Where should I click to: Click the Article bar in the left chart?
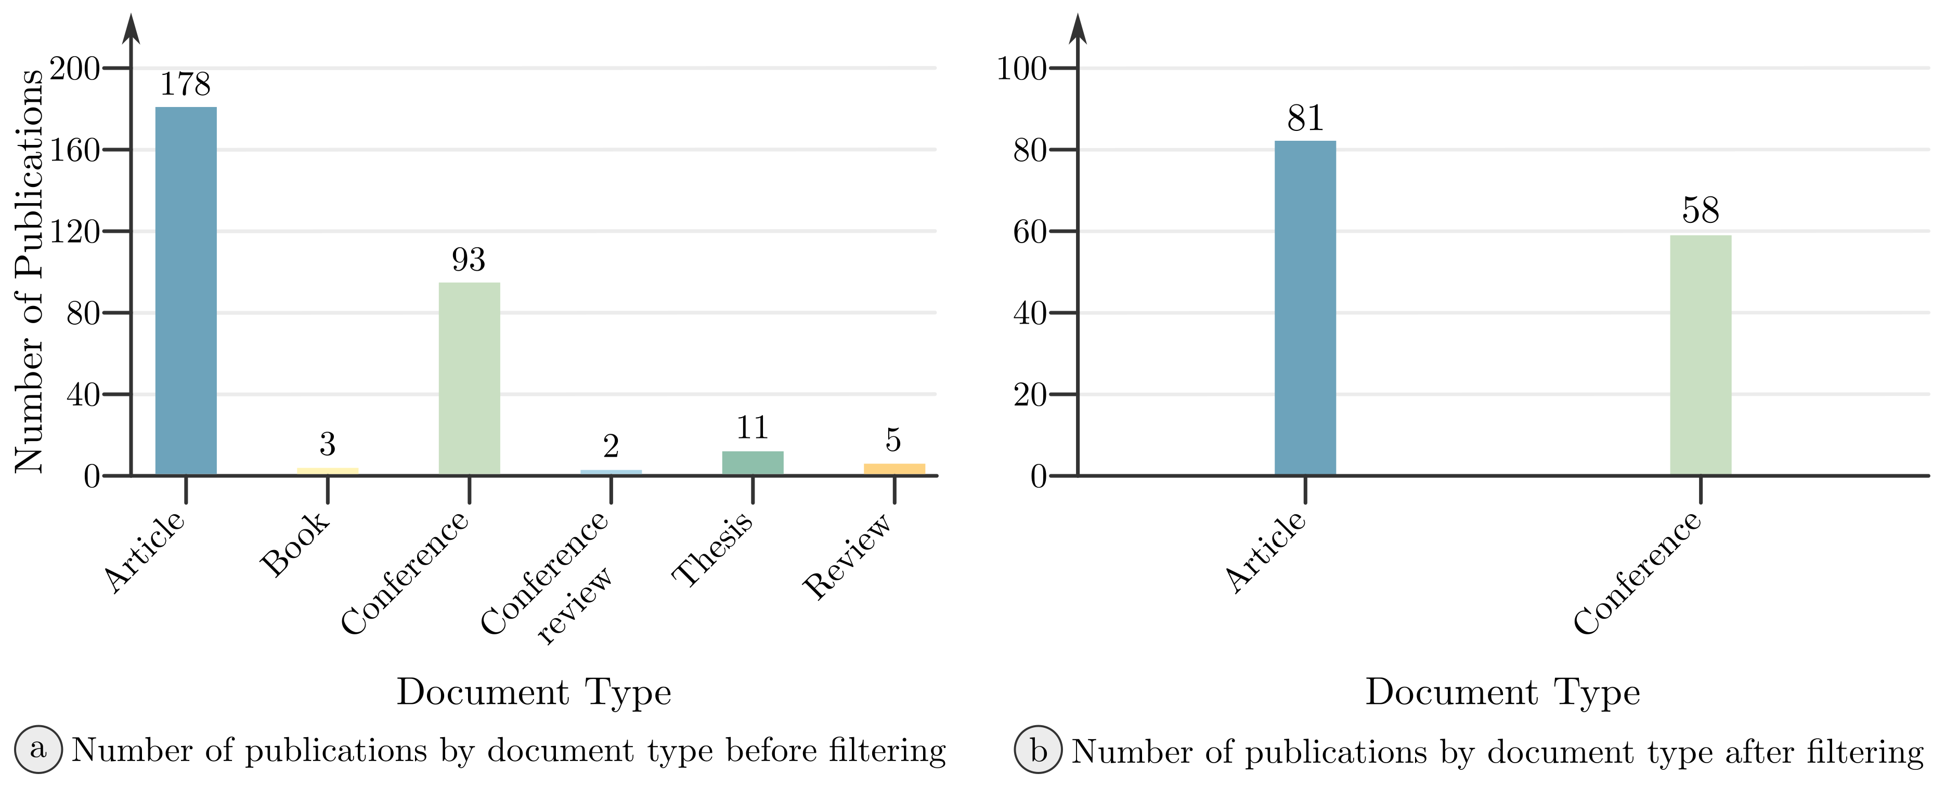coord(186,290)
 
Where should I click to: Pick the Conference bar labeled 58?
coord(1701,355)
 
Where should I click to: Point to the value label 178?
coord(185,85)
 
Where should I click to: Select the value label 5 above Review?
coord(893,440)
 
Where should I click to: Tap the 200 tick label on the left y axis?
coord(75,70)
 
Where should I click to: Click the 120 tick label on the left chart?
coord(75,232)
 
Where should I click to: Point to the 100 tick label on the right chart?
coord(1021,70)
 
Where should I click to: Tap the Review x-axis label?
coord(848,556)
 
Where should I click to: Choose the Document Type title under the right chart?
coord(1502,692)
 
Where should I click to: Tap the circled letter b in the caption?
coord(1038,751)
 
